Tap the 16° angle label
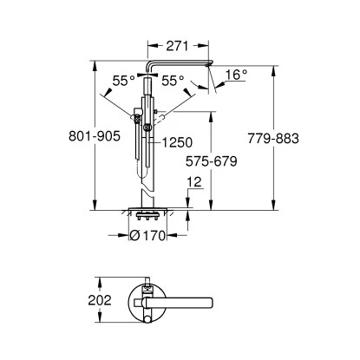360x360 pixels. coord(236,75)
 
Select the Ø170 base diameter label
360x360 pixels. coord(147,233)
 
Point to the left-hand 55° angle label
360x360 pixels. coord(123,80)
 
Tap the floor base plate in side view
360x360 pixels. coord(148,210)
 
